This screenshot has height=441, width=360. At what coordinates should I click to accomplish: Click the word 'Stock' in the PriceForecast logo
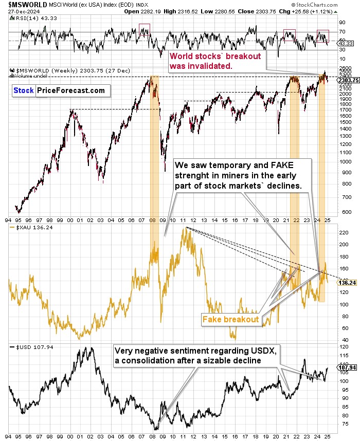click(x=24, y=90)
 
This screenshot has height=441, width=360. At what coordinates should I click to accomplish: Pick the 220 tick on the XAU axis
click(x=341, y=232)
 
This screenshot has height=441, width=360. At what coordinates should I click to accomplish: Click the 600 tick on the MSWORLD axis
click(x=343, y=211)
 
